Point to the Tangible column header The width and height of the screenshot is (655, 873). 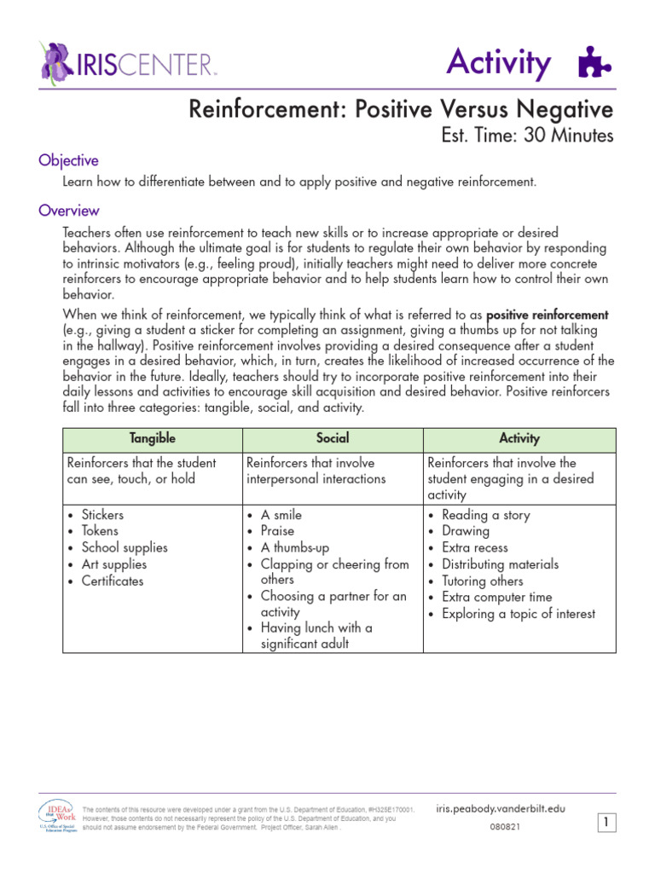tap(153, 438)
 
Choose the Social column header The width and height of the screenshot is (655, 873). tap(333, 438)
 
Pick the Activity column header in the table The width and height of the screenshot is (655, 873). tap(519, 438)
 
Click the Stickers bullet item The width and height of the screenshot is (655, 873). tap(102, 515)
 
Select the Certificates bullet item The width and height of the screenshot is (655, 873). tap(113, 581)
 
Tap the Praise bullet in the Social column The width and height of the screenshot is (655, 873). tap(277, 531)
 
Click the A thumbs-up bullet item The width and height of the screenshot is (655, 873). tap(294, 547)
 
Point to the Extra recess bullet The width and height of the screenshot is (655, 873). tap(474, 547)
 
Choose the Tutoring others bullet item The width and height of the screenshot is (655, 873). tap(483, 581)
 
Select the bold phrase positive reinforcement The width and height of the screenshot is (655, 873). tap(547, 315)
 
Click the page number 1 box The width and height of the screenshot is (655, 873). tap(606, 823)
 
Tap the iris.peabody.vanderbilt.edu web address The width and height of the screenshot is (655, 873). tap(500, 808)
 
